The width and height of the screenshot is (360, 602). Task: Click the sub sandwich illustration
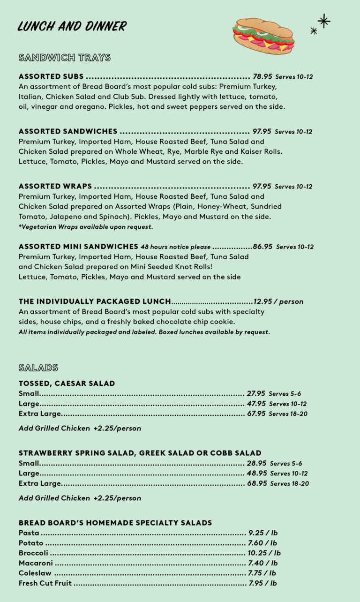[x=263, y=36]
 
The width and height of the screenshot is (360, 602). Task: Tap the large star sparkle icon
[x=323, y=21]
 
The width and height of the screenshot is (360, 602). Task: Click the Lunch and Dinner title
[x=72, y=26]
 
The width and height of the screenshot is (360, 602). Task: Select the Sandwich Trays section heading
[x=65, y=58]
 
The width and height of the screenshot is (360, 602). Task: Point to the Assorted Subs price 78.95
[x=262, y=76]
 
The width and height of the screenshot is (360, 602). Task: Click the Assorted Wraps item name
[x=55, y=186]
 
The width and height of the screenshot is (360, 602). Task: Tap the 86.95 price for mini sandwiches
[x=262, y=247]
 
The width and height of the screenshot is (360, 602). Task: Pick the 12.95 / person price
[x=278, y=301]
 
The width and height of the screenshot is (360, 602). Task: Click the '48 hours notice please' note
[x=175, y=247]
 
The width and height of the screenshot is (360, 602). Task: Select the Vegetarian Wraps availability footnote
[x=86, y=227]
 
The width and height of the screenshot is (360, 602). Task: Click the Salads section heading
[x=38, y=367]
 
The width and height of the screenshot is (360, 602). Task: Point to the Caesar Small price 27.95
[x=256, y=393]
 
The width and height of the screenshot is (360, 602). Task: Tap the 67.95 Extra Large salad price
[x=256, y=414]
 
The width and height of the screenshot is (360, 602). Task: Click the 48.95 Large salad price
[x=257, y=473]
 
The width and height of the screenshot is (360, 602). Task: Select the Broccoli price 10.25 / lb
[x=264, y=553]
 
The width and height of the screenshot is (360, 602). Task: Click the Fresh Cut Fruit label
[x=45, y=583]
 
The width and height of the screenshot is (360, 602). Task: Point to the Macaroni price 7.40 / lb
[x=262, y=563]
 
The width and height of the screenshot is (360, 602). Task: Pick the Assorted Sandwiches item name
[x=68, y=131]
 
